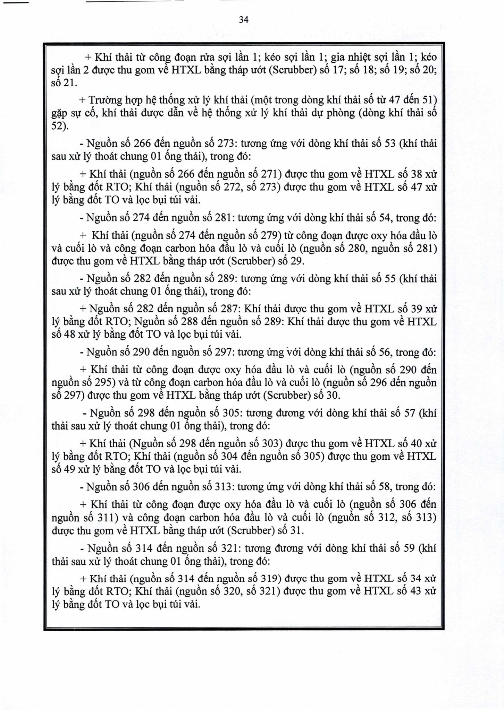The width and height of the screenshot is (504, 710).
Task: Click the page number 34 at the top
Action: (244, 20)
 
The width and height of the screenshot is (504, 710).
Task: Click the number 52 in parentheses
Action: (58, 126)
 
